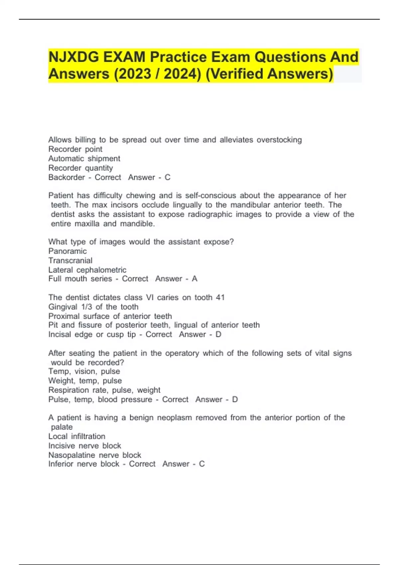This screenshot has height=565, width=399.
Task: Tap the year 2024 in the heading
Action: pos(182,74)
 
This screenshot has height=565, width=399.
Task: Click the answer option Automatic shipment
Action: pos(84,159)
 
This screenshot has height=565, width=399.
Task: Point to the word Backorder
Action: pos(66,177)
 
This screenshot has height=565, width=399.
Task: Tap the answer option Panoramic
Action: pos(67,251)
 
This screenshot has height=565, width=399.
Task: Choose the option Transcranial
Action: pos(70,260)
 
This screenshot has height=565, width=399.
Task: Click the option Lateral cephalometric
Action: pos(87,270)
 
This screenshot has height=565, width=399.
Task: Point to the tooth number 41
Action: pos(220,297)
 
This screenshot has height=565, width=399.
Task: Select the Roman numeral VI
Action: pos(150,297)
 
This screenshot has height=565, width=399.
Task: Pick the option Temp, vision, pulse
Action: pos(84,371)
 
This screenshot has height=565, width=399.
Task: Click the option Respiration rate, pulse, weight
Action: pos(104,390)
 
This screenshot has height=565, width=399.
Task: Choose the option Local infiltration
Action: pos(76,436)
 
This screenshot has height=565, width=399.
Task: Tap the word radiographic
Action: pos(210,214)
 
